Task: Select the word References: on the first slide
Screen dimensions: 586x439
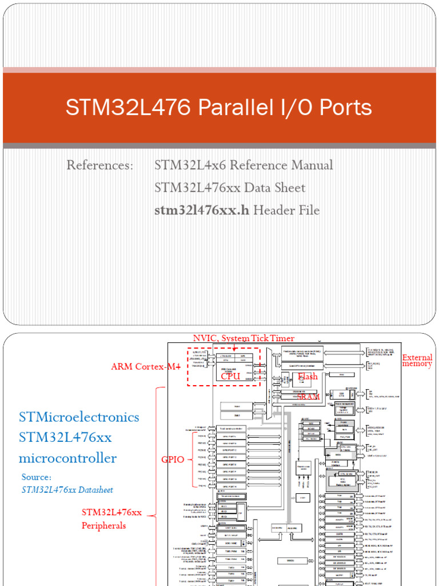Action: [99, 165]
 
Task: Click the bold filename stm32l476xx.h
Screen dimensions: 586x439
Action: [202, 210]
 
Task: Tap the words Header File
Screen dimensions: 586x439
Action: [286, 210]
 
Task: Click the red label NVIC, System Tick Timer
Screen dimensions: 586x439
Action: [244, 338]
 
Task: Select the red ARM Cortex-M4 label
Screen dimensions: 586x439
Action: [145, 367]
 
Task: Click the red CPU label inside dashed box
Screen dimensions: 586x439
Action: [230, 376]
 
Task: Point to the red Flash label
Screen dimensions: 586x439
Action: [308, 377]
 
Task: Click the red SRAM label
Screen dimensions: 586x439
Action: [308, 396]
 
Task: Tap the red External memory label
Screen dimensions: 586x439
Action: [417, 361]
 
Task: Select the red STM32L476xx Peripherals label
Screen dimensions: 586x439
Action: [111, 518]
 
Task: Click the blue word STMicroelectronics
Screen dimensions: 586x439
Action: [79, 417]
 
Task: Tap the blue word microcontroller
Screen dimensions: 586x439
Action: [67, 458]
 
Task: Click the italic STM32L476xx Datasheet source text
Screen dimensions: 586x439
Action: [67, 490]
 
